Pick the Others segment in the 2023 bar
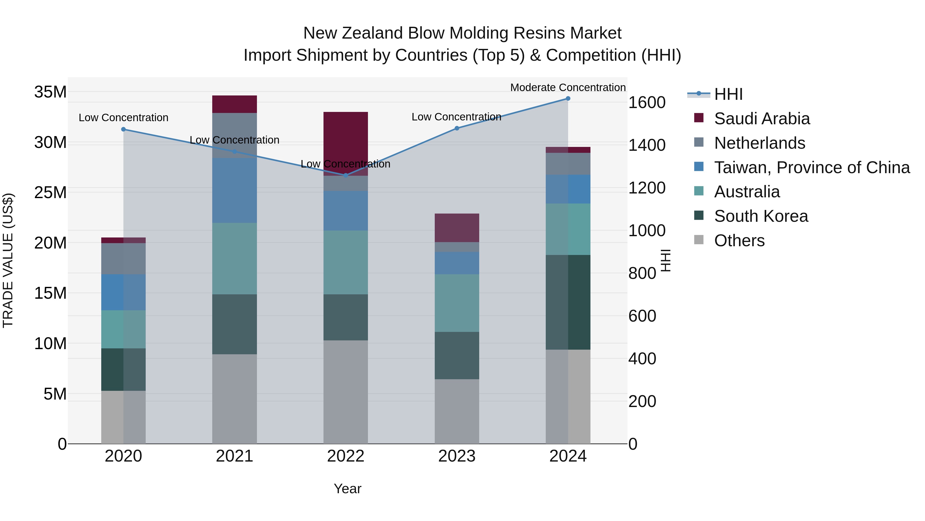(457, 411)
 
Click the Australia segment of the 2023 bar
(457, 303)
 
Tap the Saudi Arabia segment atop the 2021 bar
(235, 104)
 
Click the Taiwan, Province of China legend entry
(811, 167)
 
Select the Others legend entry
(739, 241)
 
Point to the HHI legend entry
(728, 94)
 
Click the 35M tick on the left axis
(50, 92)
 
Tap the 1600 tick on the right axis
(647, 103)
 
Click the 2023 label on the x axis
(457, 456)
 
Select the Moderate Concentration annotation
(568, 87)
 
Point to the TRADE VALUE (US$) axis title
(8, 260)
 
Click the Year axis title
(347, 489)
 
